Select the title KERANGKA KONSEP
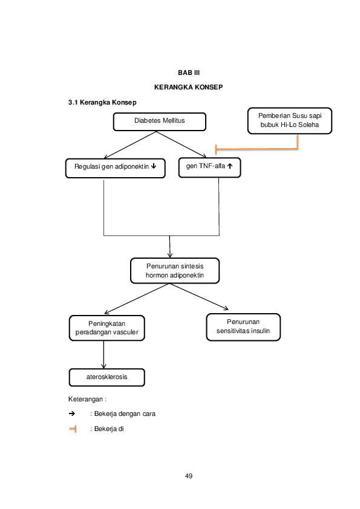(x=188, y=88)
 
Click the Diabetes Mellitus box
(x=160, y=122)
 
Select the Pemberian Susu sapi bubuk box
(x=289, y=120)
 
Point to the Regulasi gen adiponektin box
(x=115, y=167)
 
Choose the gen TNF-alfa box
(x=209, y=167)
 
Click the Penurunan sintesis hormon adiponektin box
(x=175, y=270)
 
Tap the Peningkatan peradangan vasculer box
(x=106, y=328)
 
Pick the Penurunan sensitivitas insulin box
(x=243, y=326)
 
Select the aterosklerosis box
(x=106, y=377)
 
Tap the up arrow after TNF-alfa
(x=231, y=167)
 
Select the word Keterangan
(x=86, y=399)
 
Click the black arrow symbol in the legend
(x=72, y=414)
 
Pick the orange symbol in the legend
(x=73, y=429)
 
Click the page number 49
(x=188, y=476)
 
